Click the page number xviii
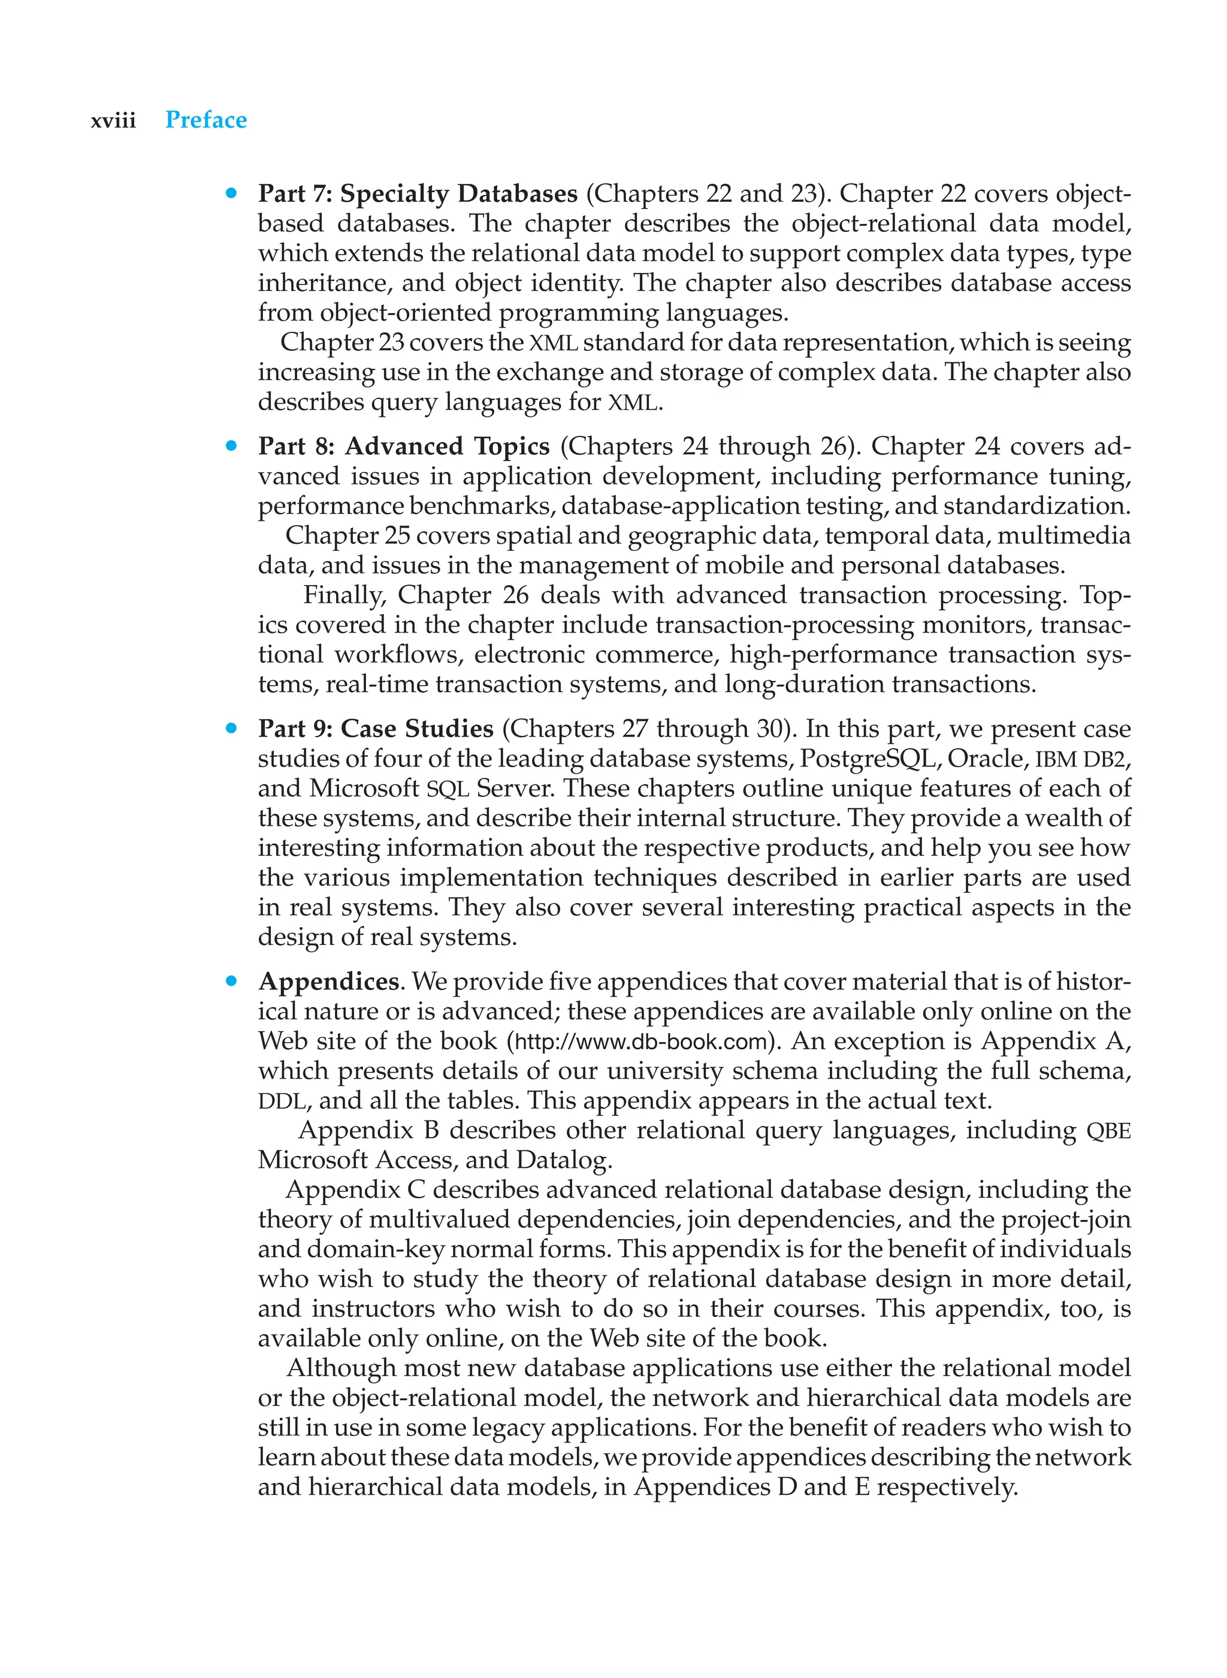(x=113, y=120)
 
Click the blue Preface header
(x=205, y=120)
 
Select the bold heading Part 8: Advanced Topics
(x=403, y=446)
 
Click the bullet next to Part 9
(x=232, y=728)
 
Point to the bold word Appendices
(x=328, y=982)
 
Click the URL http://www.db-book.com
(x=640, y=1041)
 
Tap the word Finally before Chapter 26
(x=345, y=595)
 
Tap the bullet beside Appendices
(x=232, y=981)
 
